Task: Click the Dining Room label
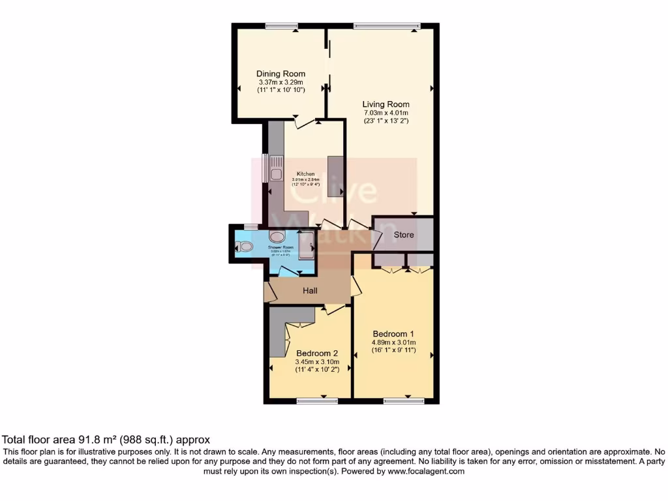pyautogui.click(x=281, y=74)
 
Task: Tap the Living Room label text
pyautogui.click(x=386, y=104)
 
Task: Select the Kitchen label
pyautogui.click(x=306, y=174)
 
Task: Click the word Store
pyautogui.click(x=403, y=235)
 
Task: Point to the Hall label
pyautogui.click(x=310, y=290)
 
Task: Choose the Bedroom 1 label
pyautogui.click(x=393, y=333)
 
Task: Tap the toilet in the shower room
pyautogui.click(x=244, y=247)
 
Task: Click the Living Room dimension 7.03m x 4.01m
pyautogui.click(x=386, y=113)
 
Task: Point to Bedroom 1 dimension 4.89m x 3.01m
pyautogui.click(x=393, y=342)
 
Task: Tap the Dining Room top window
pyautogui.click(x=282, y=25)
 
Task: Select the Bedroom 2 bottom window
pyautogui.click(x=312, y=401)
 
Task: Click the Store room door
pyautogui.click(x=377, y=241)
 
